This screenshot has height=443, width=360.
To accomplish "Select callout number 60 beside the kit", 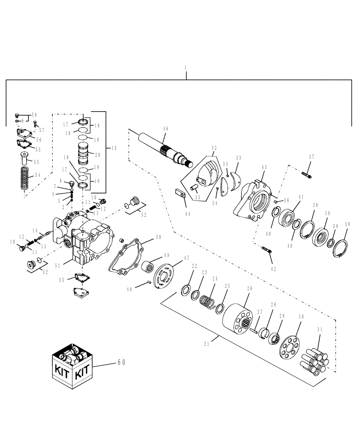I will (121, 362).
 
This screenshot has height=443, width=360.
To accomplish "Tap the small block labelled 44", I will (179, 193).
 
